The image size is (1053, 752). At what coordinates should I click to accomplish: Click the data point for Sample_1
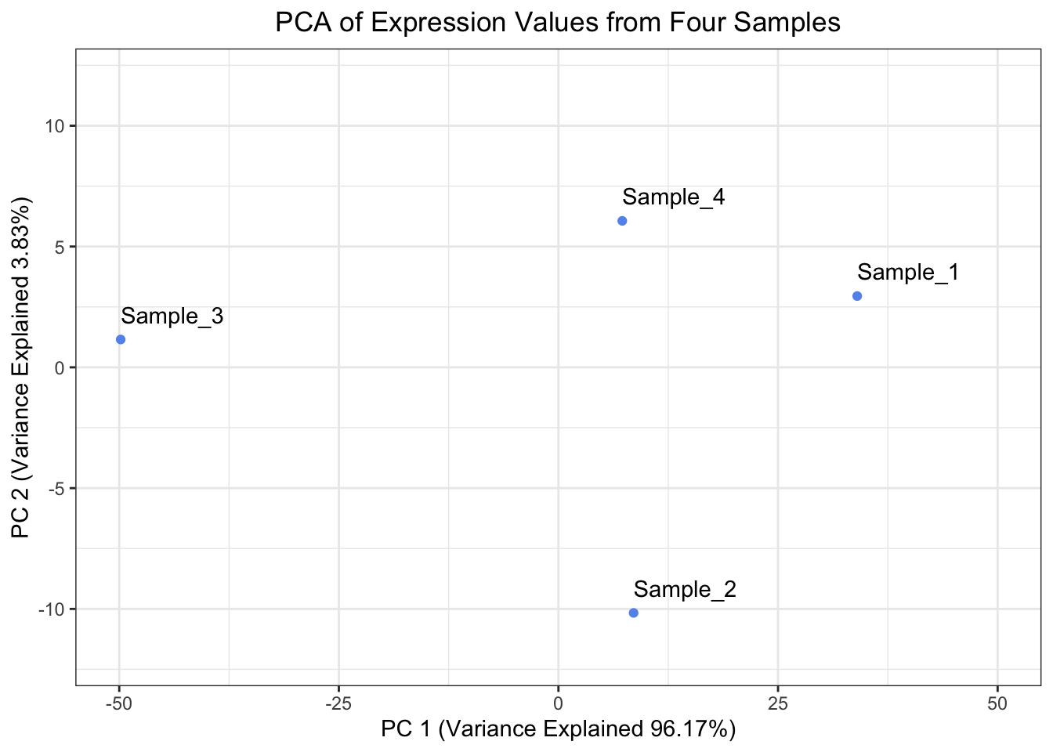(x=857, y=296)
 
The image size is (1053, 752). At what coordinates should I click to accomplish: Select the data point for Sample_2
(x=634, y=613)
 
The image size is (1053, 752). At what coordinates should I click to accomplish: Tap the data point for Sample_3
(x=121, y=339)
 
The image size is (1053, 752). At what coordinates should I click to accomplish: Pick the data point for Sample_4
(x=622, y=221)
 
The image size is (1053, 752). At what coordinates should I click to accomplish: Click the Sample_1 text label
(x=908, y=273)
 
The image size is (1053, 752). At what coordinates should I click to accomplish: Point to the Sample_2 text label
(x=685, y=589)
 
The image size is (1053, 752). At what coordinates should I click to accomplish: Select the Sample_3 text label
(x=172, y=316)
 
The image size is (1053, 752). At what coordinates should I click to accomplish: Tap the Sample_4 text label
(x=674, y=197)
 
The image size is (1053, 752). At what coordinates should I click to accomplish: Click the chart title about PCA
(x=558, y=23)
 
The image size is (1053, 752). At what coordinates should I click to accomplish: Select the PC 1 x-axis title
(x=558, y=729)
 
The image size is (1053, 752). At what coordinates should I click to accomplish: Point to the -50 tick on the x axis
(x=119, y=704)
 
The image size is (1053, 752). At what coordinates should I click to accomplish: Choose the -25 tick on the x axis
(x=338, y=704)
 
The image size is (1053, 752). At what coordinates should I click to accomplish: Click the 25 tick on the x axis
(x=777, y=704)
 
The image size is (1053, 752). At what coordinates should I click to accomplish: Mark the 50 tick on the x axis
(x=997, y=704)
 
